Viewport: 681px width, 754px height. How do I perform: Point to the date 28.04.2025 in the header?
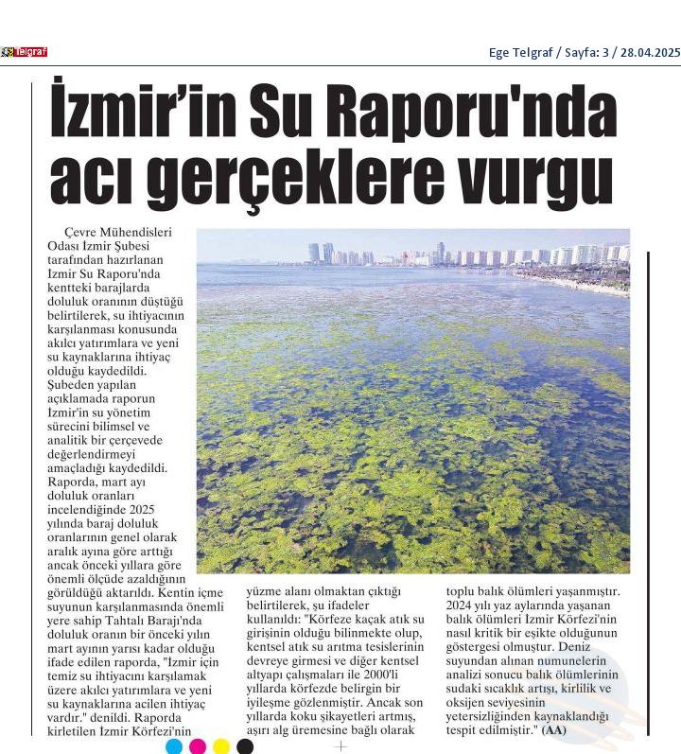pos(649,53)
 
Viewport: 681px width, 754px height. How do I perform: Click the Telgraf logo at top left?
pos(24,52)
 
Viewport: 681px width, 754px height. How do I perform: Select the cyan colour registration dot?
pos(174,746)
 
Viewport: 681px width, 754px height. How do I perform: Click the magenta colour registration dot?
pos(198,746)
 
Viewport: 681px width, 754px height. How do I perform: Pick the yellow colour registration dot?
pos(221,746)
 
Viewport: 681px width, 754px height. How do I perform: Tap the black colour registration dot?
pos(245,746)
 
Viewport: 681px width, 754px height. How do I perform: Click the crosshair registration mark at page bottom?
pos(340,745)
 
